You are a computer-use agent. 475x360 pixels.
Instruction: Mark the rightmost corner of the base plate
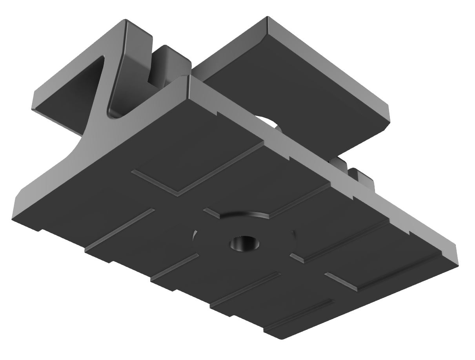tap(458, 259)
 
